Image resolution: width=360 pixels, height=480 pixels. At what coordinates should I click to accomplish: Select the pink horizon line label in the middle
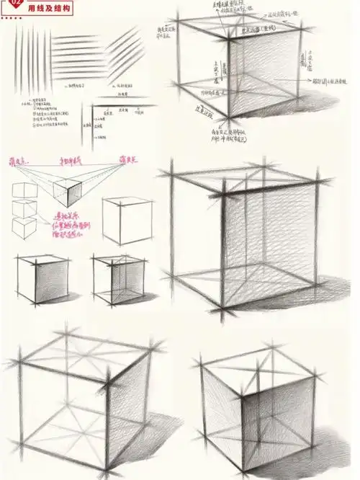pyautogui.click(x=71, y=159)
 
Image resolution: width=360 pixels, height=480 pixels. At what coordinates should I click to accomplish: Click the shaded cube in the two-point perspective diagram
pyautogui.click(x=72, y=190)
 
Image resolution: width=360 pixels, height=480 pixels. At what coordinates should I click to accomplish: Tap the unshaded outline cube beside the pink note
pyautogui.click(x=121, y=221)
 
